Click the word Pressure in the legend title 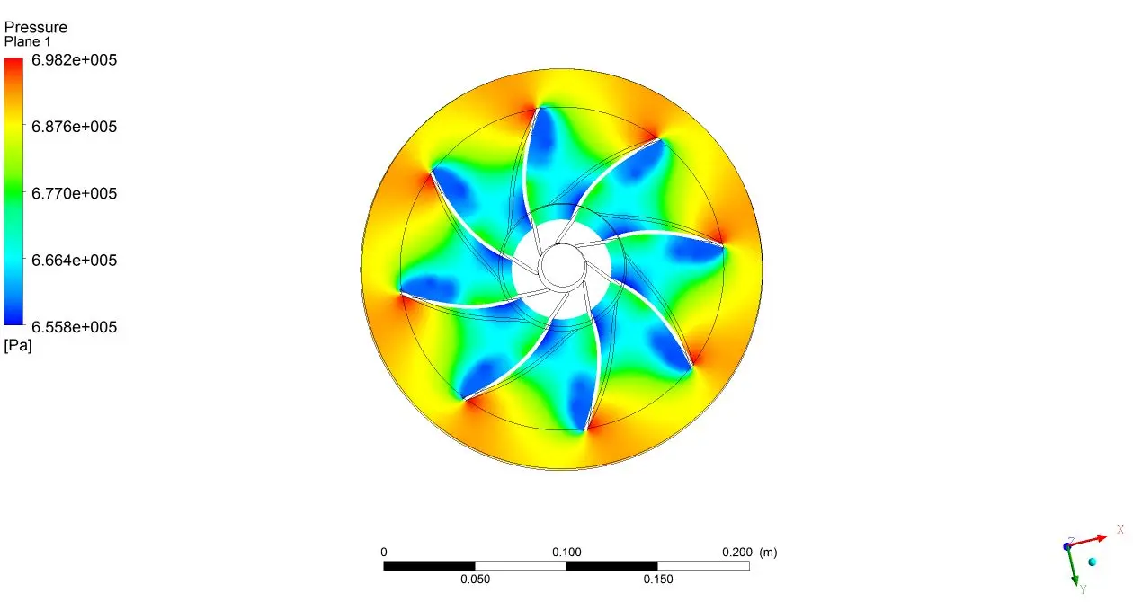(35, 27)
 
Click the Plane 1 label (27, 41)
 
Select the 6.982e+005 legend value (74, 59)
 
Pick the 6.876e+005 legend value (74, 127)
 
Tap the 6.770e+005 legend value (74, 193)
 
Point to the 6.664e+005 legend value (74, 260)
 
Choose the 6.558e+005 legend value (74, 326)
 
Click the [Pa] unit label (18, 346)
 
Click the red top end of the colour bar (13, 61)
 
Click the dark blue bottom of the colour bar (13, 321)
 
